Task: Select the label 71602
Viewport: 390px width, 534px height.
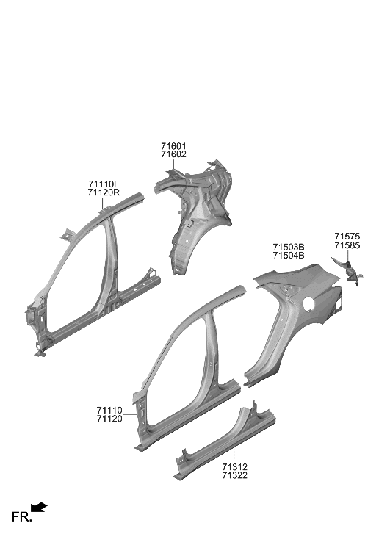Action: pos(173,155)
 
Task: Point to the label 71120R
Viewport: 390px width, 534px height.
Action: pos(104,192)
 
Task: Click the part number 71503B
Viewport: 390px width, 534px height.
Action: pos(289,247)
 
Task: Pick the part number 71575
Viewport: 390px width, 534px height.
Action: pos(347,237)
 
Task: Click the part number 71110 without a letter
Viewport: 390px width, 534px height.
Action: pos(109,410)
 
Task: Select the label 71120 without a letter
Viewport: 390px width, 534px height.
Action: pos(109,419)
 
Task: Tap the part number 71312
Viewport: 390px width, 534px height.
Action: pos(235,467)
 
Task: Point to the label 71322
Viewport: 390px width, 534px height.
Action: pos(235,476)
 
